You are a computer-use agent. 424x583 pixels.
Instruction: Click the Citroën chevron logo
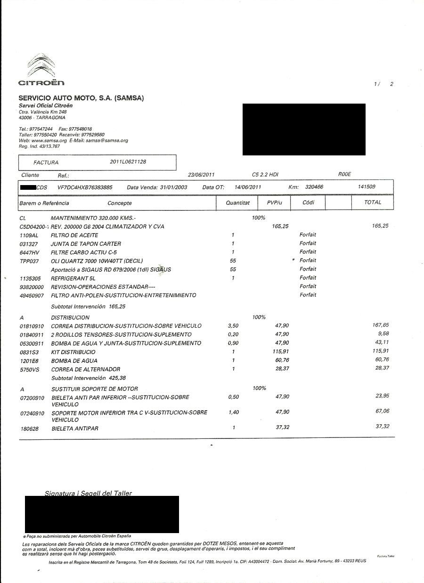41,66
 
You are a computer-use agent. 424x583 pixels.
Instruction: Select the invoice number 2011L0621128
128,162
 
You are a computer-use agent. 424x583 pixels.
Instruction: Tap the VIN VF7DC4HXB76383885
85,187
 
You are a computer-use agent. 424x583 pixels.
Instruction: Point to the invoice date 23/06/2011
201,175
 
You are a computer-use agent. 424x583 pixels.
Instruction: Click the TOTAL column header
373,202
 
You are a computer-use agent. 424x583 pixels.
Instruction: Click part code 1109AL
29,235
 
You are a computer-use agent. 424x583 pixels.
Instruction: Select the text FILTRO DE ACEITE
74,235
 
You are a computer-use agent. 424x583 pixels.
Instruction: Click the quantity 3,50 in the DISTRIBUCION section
233,326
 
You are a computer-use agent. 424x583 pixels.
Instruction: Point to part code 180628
29,429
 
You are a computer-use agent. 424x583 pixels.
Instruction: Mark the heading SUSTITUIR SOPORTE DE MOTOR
94,389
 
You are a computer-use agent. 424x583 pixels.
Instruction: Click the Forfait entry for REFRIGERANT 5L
308,278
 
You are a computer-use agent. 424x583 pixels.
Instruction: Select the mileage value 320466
314,187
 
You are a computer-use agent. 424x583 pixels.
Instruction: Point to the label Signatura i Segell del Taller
88,493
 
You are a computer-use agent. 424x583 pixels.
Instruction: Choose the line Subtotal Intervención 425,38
89,378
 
